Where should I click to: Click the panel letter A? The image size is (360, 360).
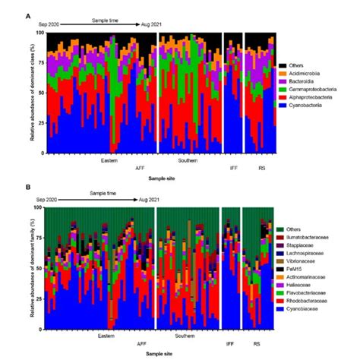point(28,16)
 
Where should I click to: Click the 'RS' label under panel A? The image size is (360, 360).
point(262,168)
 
